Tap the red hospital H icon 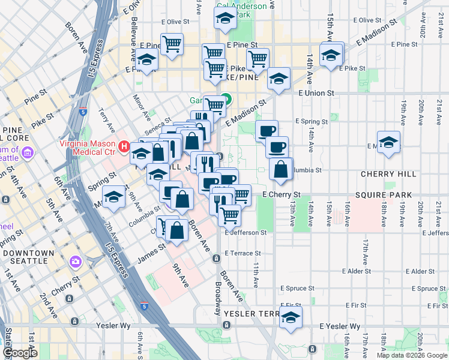[124, 146]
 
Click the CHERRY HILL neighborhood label [388, 174]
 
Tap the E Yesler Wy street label [340, 326]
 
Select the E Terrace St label [243, 253]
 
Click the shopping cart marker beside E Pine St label [172, 44]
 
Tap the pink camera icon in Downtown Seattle [75, 262]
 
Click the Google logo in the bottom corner [21, 353]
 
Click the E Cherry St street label [282, 195]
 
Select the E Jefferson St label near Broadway [246, 232]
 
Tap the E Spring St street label [312, 121]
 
